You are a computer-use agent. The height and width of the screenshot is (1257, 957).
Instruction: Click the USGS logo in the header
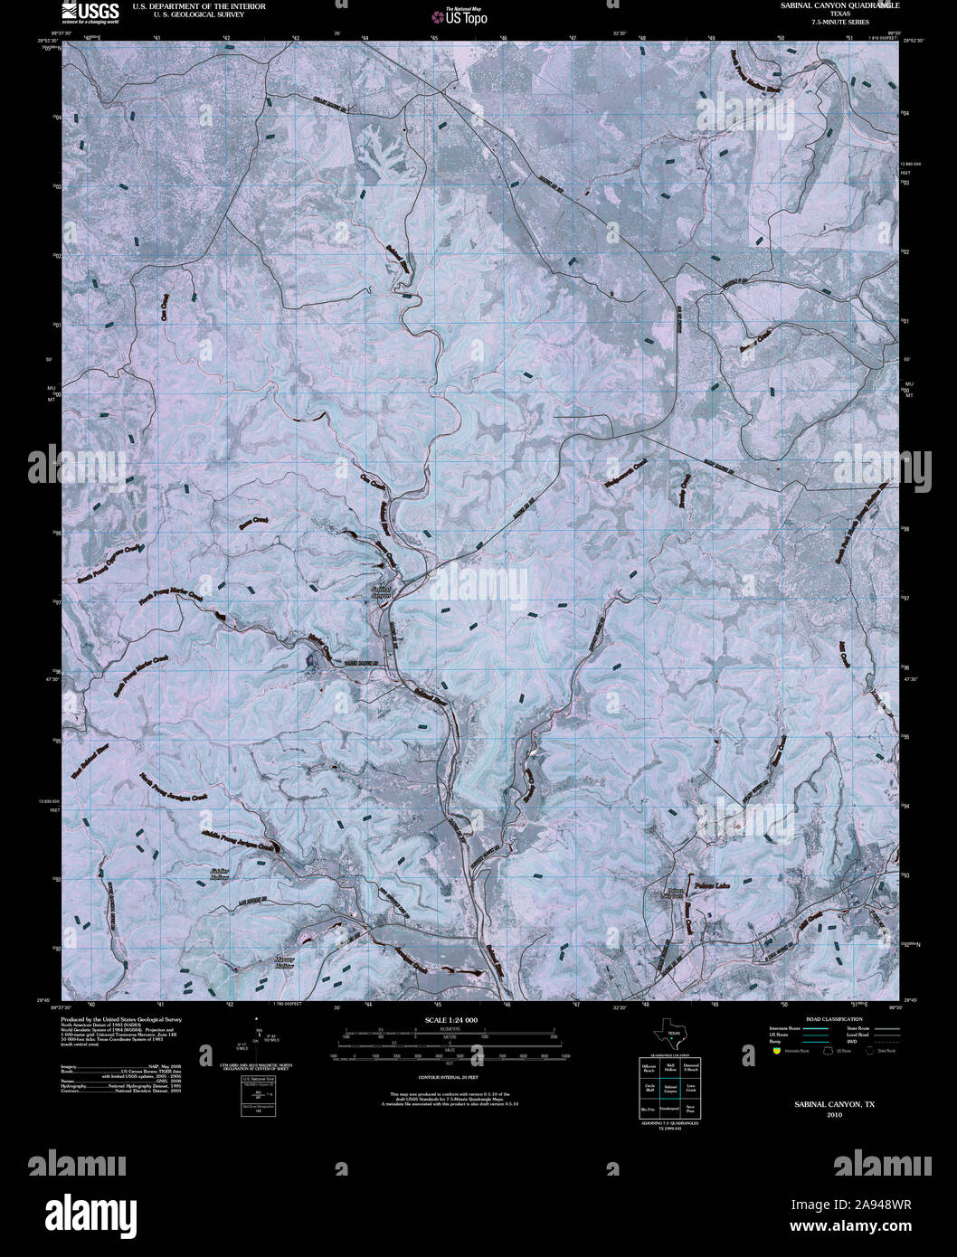90,12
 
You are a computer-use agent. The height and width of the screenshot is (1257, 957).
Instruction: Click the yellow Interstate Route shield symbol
776,1051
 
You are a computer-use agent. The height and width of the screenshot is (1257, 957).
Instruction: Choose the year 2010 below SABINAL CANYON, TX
834,1114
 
